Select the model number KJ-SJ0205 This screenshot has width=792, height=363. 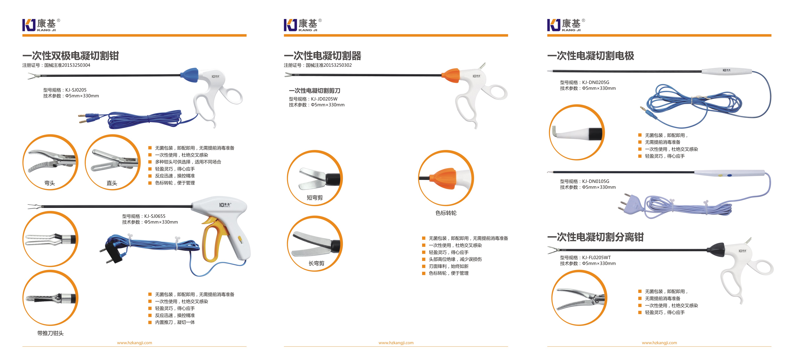pos(76,90)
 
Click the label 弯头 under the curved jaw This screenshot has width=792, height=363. pos(50,183)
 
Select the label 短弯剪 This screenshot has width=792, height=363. pos(315,198)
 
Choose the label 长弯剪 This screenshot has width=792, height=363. pos(316,263)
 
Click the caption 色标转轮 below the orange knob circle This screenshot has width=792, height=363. pos(446,213)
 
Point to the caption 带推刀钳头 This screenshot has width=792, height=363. pos(50,333)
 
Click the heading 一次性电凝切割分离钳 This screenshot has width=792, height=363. pos(596,237)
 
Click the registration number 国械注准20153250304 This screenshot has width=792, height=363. pos(67,65)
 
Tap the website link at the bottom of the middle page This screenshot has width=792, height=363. pos(396,343)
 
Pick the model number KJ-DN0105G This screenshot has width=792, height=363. pos(596,181)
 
